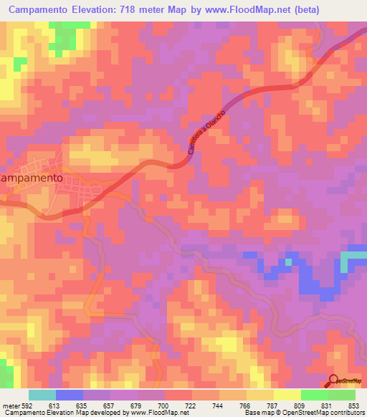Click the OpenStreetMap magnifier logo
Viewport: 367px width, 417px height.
[x=334, y=381]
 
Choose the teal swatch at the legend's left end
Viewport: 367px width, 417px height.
[x=42, y=395]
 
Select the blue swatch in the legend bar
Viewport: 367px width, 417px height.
[x=69, y=395]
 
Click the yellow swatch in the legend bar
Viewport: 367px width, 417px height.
[x=287, y=395]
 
